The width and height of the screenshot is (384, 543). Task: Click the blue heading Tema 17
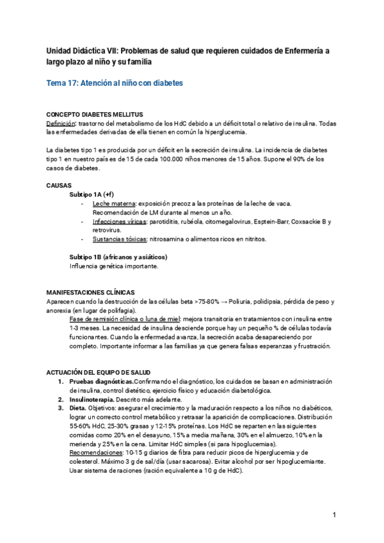coord(115,83)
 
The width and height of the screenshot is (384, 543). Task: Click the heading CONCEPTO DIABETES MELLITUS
coord(95,114)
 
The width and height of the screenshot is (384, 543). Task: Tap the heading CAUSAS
coord(59,185)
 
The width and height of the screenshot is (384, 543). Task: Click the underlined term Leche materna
coord(114,203)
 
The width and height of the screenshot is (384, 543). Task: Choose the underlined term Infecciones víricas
coord(118,222)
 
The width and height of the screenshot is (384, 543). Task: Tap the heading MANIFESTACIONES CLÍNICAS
coord(90,293)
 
